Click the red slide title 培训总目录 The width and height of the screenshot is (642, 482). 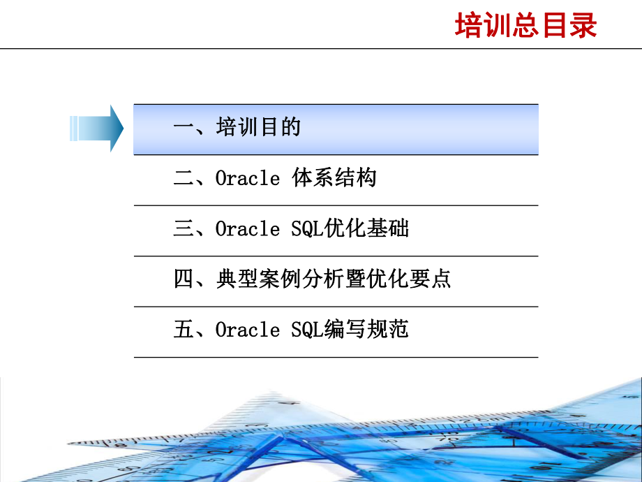tap(526, 26)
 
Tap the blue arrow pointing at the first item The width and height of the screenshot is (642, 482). tap(98, 128)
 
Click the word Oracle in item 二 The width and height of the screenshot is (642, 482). tap(247, 179)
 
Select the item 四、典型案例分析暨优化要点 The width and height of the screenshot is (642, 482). tap(312, 279)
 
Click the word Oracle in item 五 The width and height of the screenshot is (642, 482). tap(247, 330)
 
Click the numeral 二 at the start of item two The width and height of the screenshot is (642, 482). tap(184, 179)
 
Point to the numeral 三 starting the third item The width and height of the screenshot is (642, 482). tap(184, 229)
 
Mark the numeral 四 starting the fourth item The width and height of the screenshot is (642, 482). tap(184, 279)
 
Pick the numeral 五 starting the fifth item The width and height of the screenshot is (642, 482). tap(184, 330)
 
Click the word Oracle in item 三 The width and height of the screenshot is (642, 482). tap(247, 229)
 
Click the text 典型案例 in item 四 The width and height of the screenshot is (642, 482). tap(258, 279)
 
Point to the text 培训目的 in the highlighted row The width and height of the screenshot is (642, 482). tap(258, 129)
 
